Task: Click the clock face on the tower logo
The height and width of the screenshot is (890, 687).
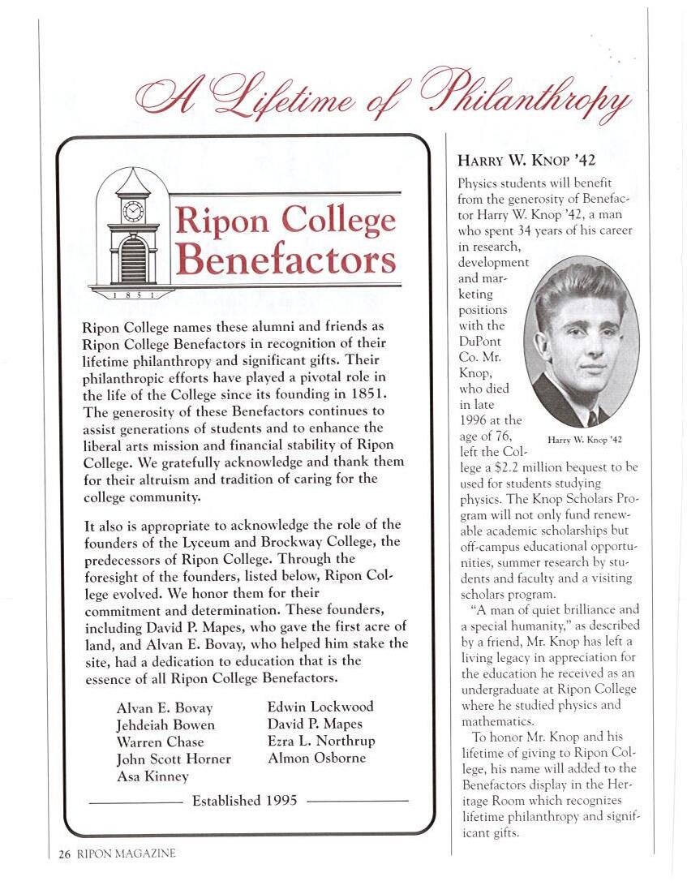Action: (x=132, y=212)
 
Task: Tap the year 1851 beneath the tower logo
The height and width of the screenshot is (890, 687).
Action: (x=131, y=294)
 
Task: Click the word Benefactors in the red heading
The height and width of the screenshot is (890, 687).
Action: (x=286, y=260)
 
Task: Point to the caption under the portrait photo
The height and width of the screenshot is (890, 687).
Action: (x=584, y=439)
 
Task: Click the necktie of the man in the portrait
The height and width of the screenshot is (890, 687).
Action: (x=592, y=418)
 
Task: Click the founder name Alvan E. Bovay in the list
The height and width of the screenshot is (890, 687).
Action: (x=165, y=708)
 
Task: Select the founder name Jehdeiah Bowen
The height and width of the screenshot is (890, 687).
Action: (x=165, y=725)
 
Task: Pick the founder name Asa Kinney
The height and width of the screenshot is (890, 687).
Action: (x=152, y=776)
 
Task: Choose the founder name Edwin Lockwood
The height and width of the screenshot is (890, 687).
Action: (x=320, y=707)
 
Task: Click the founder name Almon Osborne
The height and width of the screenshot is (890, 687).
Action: (x=316, y=758)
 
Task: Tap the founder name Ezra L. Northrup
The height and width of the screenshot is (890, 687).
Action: (x=321, y=741)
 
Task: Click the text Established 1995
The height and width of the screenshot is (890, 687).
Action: (x=244, y=801)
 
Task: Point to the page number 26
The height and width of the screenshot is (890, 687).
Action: (x=65, y=853)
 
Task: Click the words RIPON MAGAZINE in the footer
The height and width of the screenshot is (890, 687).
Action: (x=127, y=853)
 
